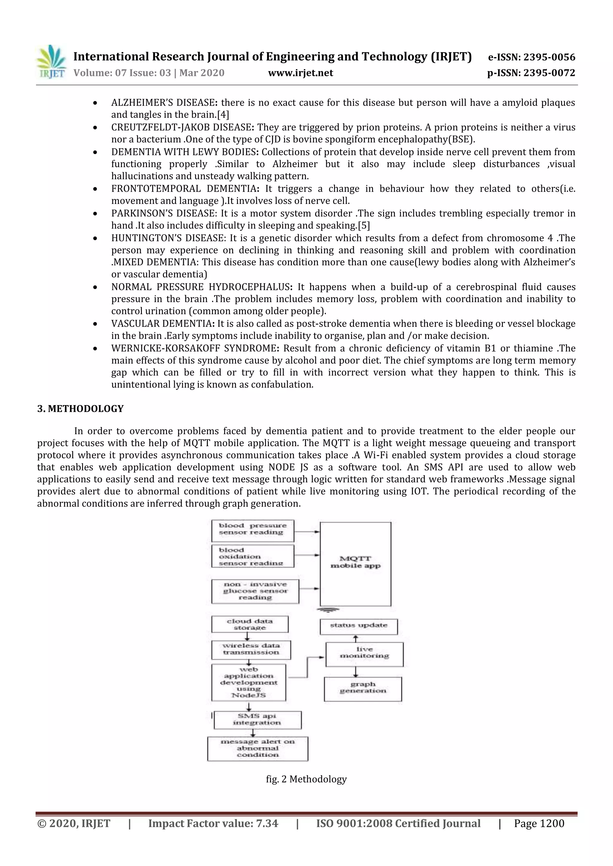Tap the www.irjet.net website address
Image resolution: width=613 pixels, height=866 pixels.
[x=301, y=73]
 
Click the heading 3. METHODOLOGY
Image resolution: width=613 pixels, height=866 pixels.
[x=81, y=409]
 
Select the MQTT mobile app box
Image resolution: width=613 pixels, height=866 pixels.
[x=355, y=563]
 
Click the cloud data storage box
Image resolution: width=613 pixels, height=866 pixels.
[x=250, y=624]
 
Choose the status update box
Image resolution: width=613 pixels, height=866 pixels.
[x=359, y=626]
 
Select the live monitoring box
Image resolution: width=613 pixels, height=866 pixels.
[x=364, y=654]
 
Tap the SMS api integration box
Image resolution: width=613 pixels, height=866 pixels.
[x=257, y=720]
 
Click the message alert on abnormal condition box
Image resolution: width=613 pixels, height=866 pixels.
[x=257, y=749]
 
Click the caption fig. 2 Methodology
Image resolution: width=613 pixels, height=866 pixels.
[x=306, y=779]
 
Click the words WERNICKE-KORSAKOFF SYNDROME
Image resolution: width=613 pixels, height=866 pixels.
[x=194, y=348]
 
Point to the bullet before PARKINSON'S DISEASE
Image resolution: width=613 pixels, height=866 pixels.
[x=95, y=214]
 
